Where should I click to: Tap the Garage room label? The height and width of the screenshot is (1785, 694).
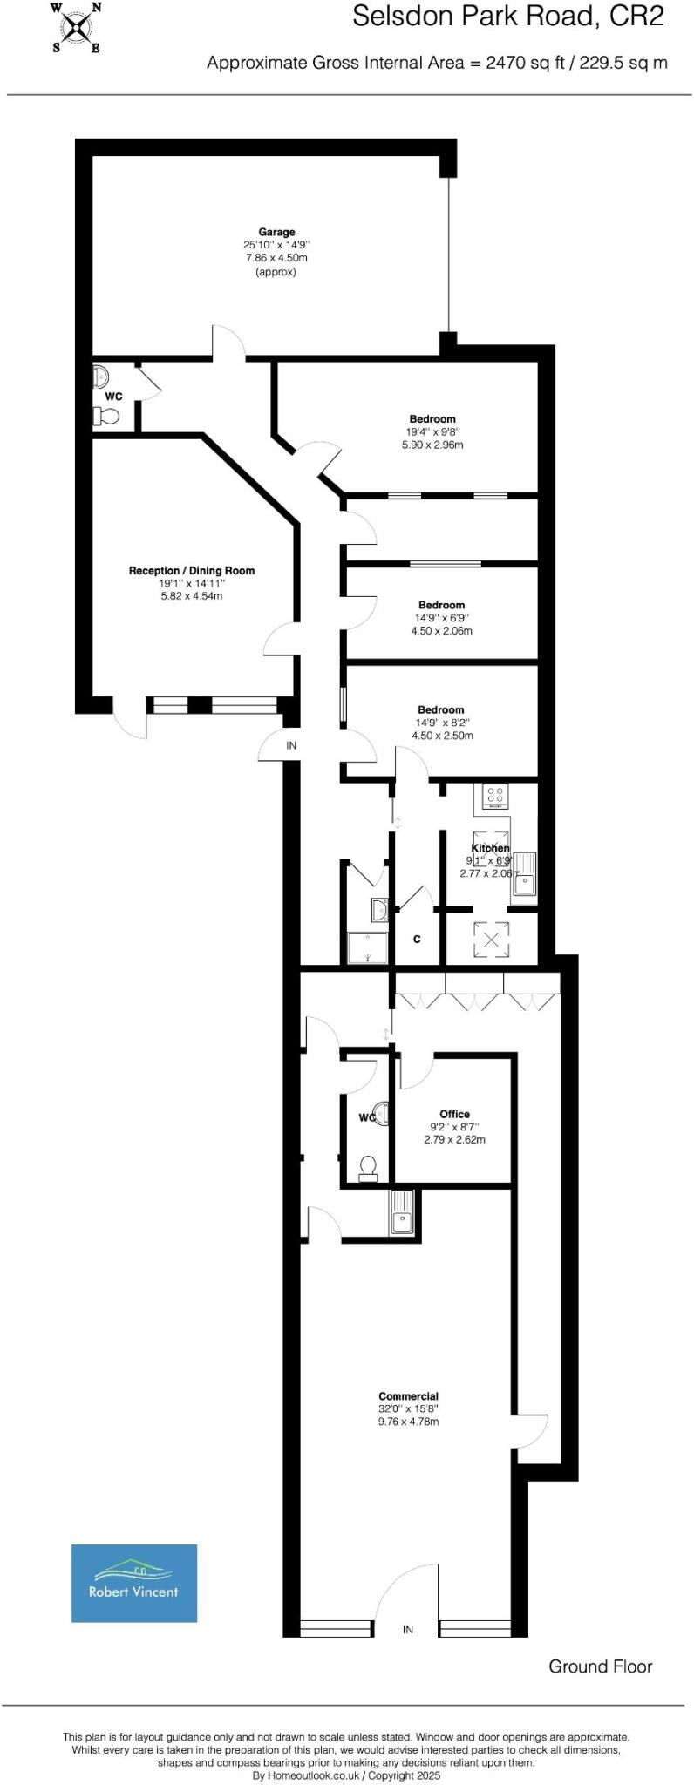coord(276,232)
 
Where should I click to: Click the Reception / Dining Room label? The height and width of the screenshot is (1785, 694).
coord(192,571)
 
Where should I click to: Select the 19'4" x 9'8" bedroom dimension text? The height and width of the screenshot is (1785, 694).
coord(432,431)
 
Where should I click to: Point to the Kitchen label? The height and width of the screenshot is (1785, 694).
coord(490,848)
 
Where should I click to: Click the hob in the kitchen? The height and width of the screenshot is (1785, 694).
coord(495,796)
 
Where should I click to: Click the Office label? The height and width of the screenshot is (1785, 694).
coord(454,1114)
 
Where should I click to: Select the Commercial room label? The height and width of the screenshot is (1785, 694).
coord(408,1396)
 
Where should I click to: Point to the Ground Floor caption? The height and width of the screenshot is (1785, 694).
coord(600,1666)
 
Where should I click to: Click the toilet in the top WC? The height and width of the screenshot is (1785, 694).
coord(107,417)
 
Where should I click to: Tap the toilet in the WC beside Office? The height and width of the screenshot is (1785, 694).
coord(368,1167)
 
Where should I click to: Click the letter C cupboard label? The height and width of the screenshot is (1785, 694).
coord(417,940)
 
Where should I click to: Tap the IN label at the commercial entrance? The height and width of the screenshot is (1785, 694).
coord(407,1629)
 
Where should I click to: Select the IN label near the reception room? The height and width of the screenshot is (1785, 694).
coord(291,745)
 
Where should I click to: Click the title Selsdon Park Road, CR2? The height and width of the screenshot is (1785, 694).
coord(507,16)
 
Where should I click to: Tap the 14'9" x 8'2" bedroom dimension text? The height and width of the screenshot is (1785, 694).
coord(441,723)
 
